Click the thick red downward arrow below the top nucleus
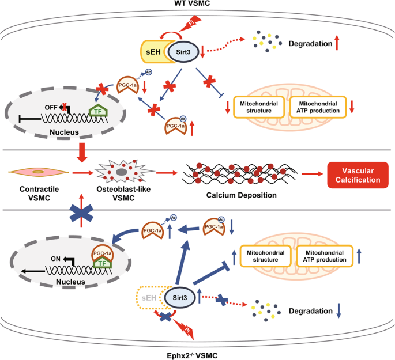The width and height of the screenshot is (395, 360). [x=80, y=153]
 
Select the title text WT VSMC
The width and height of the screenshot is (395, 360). [x=197, y=5]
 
